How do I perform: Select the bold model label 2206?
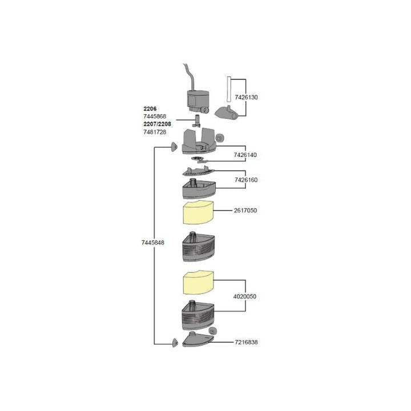(150, 108)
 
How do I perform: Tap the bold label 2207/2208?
(157, 124)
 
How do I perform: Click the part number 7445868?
(155, 116)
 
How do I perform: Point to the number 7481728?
(155, 132)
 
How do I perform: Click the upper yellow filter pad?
(197, 215)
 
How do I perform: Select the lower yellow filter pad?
(197, 283)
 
